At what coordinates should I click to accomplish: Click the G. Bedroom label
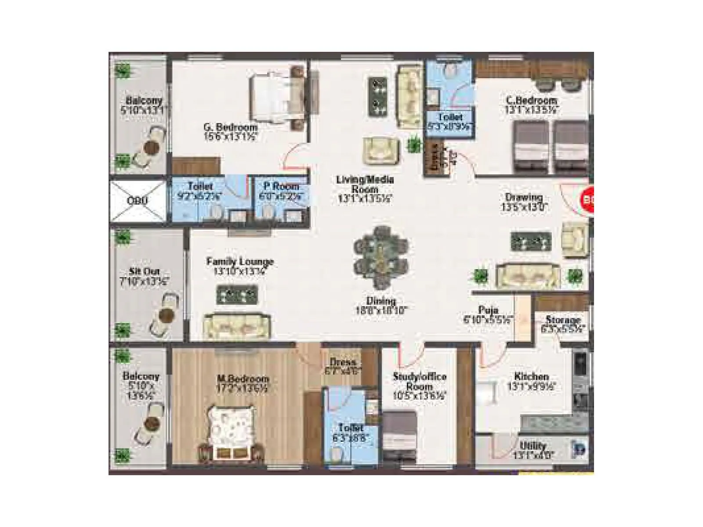(230, 127)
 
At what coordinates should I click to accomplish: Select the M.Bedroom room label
(243, 379)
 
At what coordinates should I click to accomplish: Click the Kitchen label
(531, 376)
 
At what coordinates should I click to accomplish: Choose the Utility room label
(533, 446)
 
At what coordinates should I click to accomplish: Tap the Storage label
(563, 320)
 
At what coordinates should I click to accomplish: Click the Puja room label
(488, 310)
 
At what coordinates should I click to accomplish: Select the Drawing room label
(524, 197)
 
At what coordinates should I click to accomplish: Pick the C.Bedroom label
(531, 101)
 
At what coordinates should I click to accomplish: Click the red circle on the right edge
(587, 200)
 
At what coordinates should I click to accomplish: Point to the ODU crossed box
(138, 200)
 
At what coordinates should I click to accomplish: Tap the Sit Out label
(144, 271)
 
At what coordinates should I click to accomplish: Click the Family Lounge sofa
(237, 326)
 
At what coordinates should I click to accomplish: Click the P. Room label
(281, 186)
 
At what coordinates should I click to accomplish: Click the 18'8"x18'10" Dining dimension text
(381, 310)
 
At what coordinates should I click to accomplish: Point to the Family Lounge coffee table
(237, 295)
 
